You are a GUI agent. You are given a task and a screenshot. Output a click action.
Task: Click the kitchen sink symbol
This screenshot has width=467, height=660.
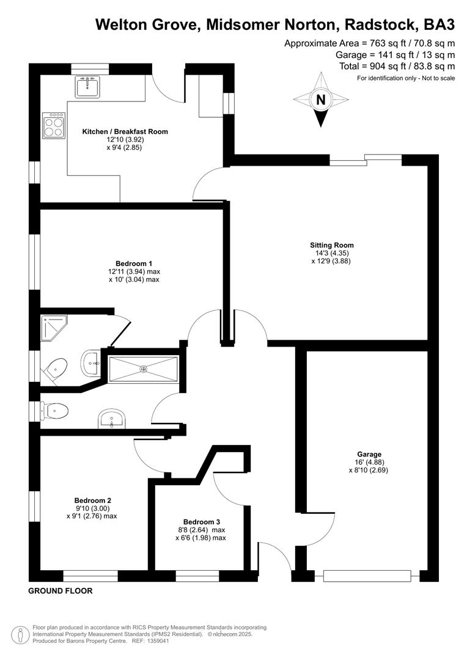[x=87, y=87]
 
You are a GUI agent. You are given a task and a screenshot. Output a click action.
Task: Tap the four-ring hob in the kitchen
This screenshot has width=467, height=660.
[x=53, y=126]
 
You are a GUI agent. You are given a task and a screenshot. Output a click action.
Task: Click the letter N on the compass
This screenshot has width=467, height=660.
[x=320, y=99]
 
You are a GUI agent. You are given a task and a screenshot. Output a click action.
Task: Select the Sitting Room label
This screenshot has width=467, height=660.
[x=331, y=245]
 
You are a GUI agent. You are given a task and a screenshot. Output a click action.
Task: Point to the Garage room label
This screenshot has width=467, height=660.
[x=369, y=454]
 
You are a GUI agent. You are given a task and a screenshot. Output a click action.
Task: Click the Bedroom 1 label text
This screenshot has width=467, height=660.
[x=134, y=263]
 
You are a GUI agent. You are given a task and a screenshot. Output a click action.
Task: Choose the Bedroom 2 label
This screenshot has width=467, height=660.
[x=92, y=499]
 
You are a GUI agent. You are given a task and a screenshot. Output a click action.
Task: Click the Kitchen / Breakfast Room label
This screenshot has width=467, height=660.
[x=125, y=131]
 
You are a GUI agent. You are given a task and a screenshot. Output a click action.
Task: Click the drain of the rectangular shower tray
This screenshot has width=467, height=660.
[x=144, y=369]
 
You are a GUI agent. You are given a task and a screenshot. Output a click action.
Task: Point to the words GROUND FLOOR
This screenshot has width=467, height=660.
[x=60, y=592]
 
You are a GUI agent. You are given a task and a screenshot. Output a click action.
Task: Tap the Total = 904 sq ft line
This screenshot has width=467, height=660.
[x=397, y=66]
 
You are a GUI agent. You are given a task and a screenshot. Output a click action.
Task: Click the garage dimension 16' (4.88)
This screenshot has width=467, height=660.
[x=369, y=462]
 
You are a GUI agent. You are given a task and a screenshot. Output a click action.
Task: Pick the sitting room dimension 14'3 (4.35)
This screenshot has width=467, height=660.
[x=331, y=253]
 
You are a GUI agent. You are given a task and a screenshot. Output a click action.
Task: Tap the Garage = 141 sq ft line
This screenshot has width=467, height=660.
[x=400, y=54]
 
